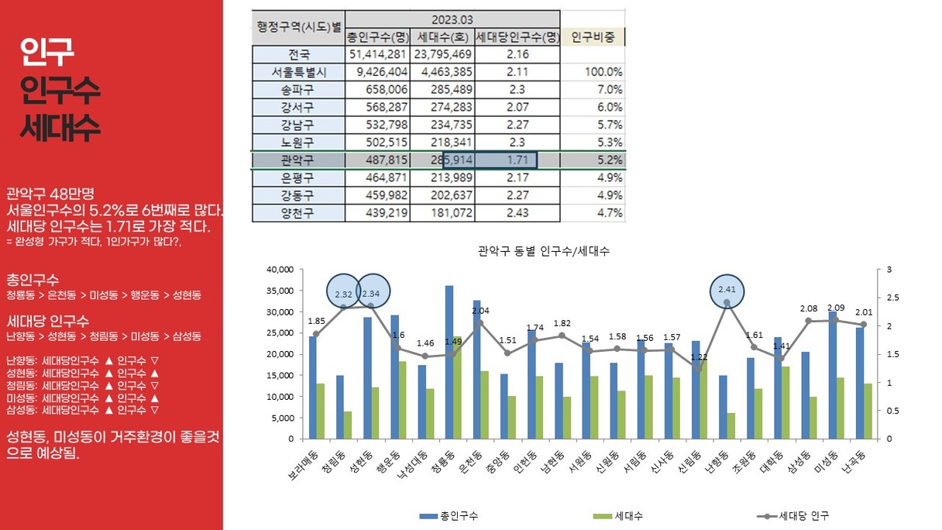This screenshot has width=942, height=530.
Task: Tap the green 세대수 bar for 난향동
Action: click(731, 425)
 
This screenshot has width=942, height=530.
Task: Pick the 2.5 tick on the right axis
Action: click(889, 298)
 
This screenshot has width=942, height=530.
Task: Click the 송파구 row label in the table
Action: click(298, 90)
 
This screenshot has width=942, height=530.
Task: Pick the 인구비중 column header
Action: click(593, 37)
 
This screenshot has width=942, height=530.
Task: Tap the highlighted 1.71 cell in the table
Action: click(505, 160)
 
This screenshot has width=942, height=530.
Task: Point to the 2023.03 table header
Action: click(452, 19)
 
